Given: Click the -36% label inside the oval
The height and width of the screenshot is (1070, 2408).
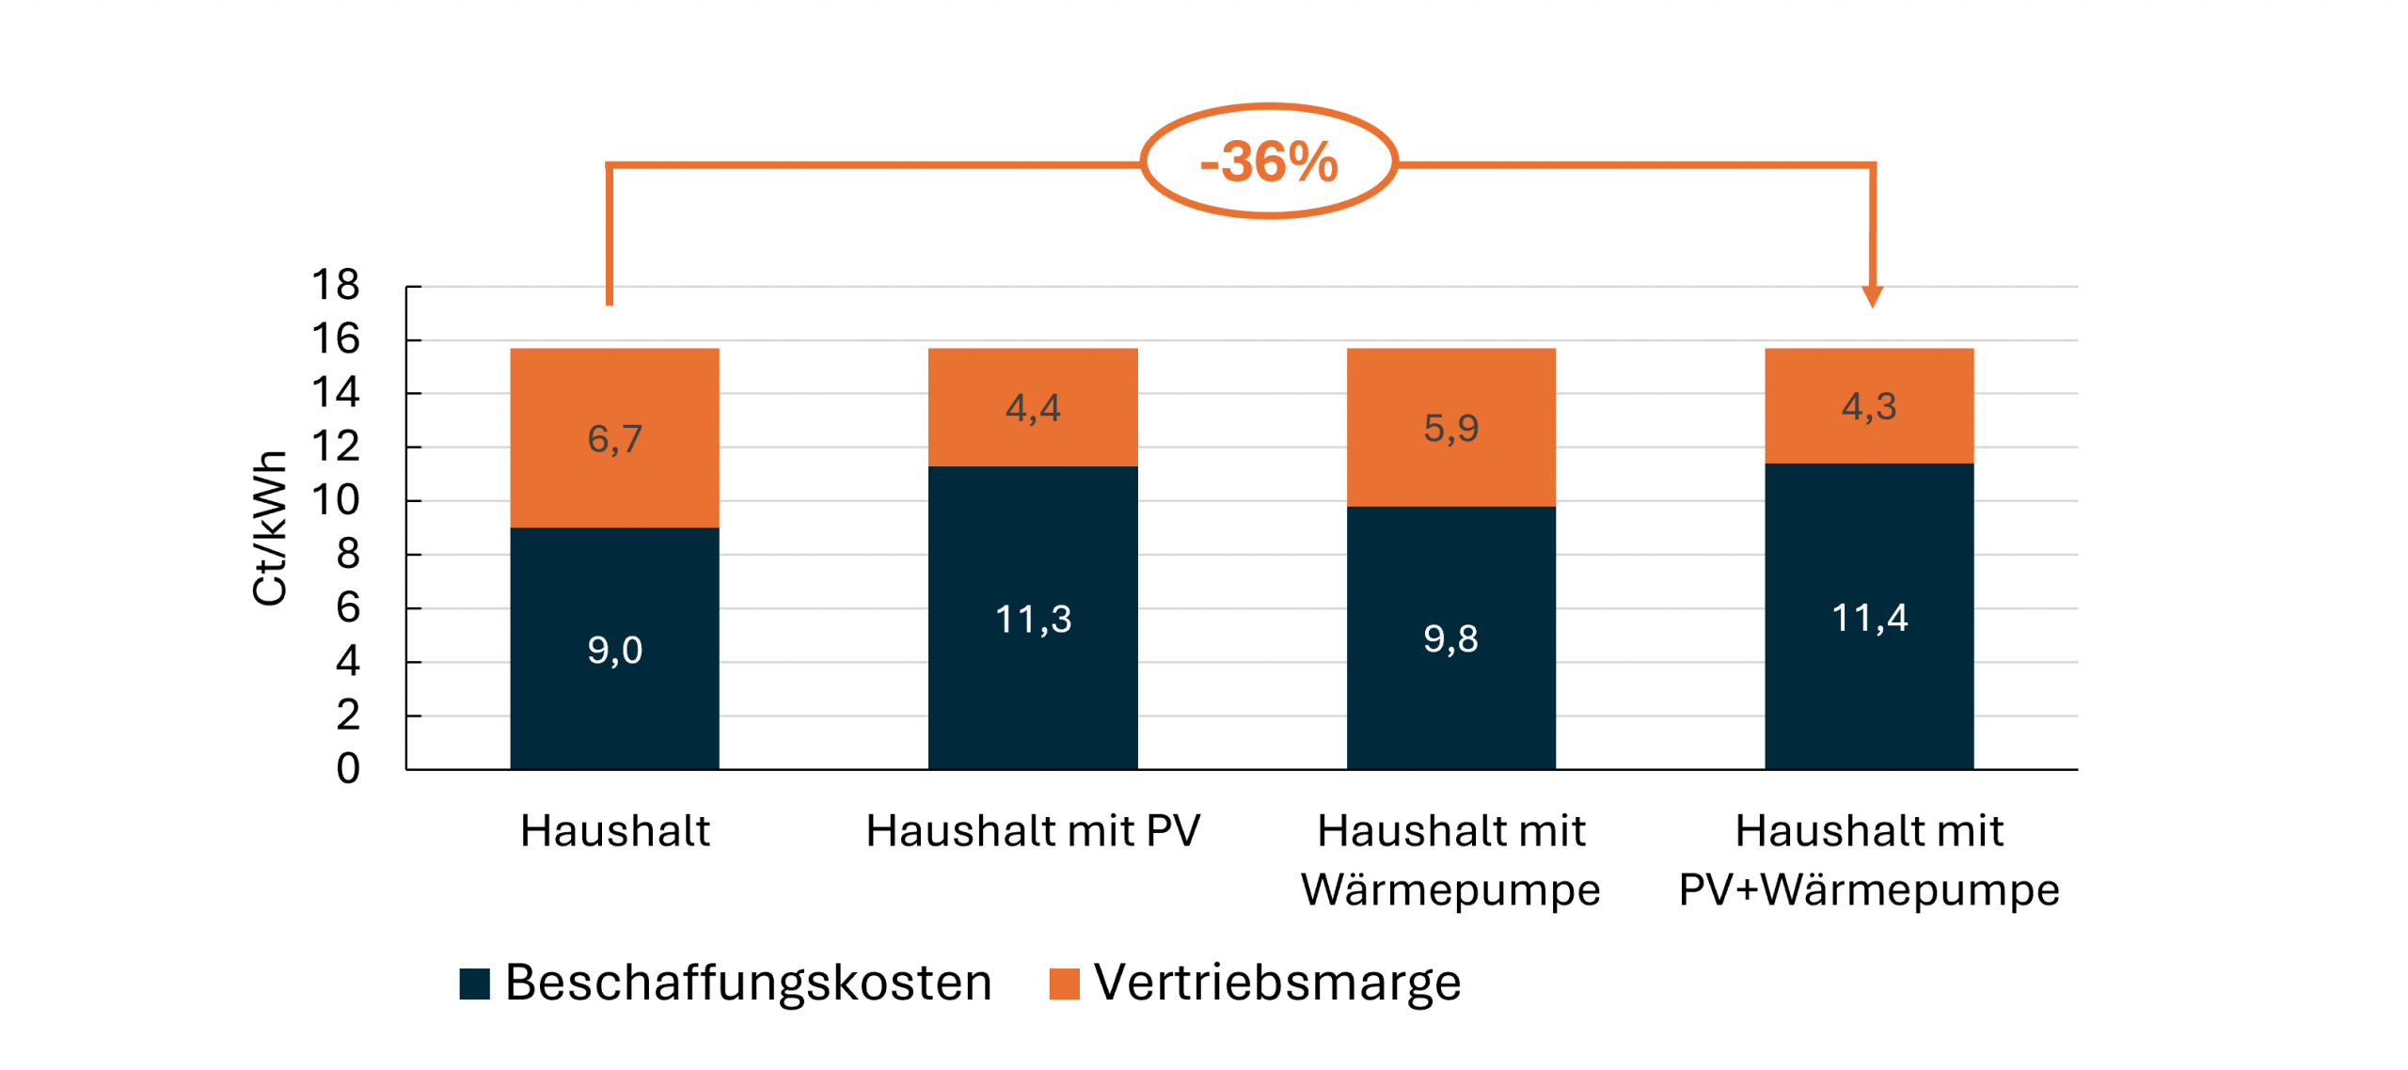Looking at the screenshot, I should [1268, 162].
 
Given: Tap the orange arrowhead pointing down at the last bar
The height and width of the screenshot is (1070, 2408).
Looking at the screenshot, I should [1872, 297].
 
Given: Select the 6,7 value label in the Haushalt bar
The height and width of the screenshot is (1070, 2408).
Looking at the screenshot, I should [614, 439].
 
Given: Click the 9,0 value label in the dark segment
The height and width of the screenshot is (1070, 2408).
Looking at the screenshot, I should [614, 650].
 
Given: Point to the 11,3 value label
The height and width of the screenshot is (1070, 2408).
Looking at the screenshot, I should [1033, 619].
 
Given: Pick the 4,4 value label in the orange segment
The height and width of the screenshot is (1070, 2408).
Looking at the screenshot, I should [1033, 408].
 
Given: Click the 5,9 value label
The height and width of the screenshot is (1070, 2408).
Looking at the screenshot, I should [1450, 429].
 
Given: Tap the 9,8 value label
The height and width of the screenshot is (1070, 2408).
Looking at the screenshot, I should [1450, 639].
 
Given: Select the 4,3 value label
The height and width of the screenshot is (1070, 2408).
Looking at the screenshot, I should [1869, 406].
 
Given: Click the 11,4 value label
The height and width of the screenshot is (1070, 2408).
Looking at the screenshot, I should [1869, 618].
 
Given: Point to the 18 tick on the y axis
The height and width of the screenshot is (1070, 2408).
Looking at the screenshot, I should [336, 285].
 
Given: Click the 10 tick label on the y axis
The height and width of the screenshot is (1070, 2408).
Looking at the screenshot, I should [336, 500].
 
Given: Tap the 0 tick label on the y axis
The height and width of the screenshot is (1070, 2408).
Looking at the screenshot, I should [348, 769].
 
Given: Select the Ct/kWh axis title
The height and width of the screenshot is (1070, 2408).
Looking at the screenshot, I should [270, 527].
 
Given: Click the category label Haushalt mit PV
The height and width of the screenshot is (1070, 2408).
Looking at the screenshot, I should [1033, 831].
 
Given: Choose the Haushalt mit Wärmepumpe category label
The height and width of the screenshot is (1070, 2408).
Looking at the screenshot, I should [1450, 860].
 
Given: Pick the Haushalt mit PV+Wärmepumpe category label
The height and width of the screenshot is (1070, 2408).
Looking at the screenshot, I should [1869, 860].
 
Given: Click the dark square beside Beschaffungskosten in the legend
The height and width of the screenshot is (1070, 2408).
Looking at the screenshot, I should [474, 983].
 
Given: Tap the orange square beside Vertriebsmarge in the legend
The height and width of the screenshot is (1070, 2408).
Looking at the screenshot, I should [1064, 983].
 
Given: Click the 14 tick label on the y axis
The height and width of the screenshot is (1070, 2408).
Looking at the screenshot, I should [336, 393].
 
